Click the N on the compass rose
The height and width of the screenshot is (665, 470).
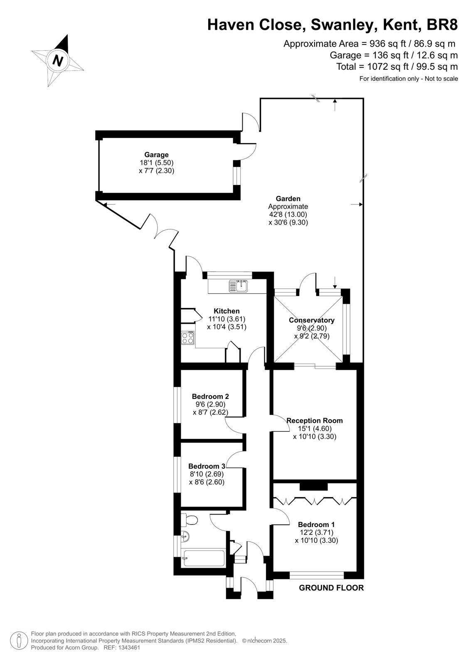click(x=58, y=61)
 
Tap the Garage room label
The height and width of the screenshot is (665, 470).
click(x=157, y=155)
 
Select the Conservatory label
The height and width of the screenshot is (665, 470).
click(x=311, y=320)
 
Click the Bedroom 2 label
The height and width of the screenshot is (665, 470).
click(x=210, y=397)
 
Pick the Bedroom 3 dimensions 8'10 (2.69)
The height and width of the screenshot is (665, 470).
click(x=207, y=474)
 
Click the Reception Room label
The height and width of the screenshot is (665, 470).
click(x=315, y=421)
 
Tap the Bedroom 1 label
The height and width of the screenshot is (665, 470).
click(x=316, y=525)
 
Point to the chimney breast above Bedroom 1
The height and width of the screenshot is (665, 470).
click(x=313, y=487)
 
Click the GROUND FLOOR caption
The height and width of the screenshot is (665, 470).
click(x=331, y=588)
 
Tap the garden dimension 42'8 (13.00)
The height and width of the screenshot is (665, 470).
click(x=288, y=214)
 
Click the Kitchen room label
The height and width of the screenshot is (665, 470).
click(x=226, y=311)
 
